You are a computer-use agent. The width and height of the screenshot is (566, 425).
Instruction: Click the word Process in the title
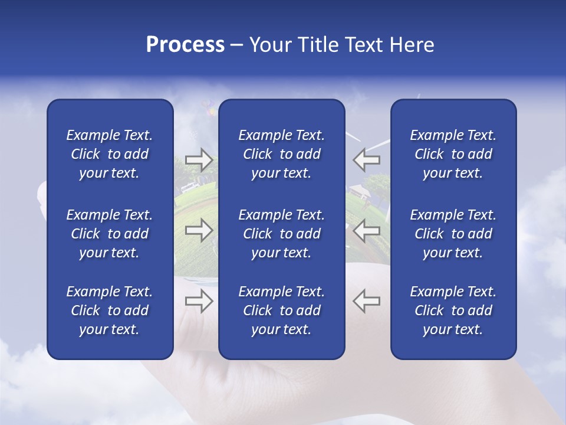click(x=185, y=45)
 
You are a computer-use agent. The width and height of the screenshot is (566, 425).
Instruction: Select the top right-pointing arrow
click(x=199, y=159)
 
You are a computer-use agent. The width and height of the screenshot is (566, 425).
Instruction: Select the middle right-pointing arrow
click(x=199, y=230)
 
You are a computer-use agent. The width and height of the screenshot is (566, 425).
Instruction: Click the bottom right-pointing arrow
click(x=199, y=301)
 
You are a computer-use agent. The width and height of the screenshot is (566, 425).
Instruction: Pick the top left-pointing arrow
click(x=367, y=159)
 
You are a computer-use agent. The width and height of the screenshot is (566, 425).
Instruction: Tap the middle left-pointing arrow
click(x=367, y=230)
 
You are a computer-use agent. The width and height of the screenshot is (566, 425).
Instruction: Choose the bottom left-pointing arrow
click(x=367, y=301)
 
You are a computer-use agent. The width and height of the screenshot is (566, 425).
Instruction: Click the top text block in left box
click(x=110, y=154)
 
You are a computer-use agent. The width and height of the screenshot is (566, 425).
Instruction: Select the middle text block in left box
click(x=110, y=234)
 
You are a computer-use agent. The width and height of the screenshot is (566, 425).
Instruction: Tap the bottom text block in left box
click(x=110, y=310)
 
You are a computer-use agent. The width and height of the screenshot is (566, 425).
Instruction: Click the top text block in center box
click(x=282, y=154)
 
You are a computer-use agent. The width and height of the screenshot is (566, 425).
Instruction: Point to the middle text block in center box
click(x=282, y=234)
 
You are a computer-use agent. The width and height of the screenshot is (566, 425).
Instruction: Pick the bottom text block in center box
click(x=282, y=310)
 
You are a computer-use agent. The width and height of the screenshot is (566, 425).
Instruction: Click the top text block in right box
click(x=453, y=154)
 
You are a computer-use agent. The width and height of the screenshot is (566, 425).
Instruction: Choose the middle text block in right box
click(x=453, y=234)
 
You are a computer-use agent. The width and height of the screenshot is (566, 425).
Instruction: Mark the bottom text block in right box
click(x=453, y=310)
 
